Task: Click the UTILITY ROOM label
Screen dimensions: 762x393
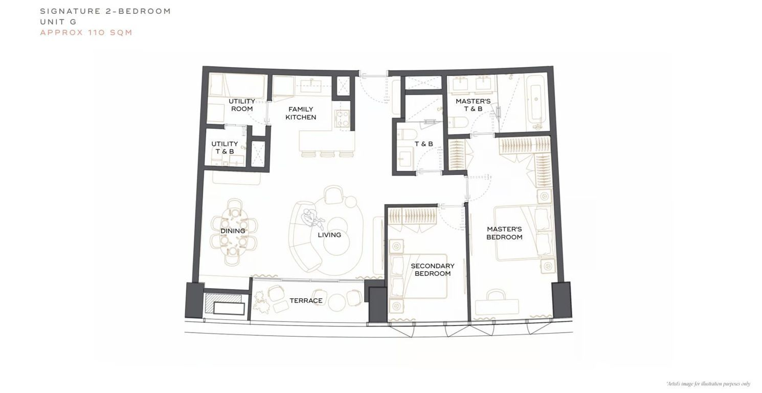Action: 242,105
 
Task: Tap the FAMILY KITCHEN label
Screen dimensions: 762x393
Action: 301,113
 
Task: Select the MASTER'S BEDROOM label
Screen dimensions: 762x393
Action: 504,233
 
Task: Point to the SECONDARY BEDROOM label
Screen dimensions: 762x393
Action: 432,270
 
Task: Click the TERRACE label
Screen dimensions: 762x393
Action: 306,300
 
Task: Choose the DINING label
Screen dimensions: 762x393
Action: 233,231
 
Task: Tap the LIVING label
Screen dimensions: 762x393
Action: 329,235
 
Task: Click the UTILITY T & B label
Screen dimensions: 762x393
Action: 225,147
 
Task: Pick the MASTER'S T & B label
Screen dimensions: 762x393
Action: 473,105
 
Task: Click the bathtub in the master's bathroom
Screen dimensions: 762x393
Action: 535,101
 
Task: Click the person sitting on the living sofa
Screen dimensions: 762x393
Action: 312,218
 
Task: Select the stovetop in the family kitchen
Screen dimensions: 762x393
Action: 342,118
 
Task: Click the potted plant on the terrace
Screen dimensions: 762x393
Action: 261,302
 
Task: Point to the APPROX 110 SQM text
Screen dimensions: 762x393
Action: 86,33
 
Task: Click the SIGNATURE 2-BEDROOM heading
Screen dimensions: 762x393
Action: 105,11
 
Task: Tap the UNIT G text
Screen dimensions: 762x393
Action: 58,22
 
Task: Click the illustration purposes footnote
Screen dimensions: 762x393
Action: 708,384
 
